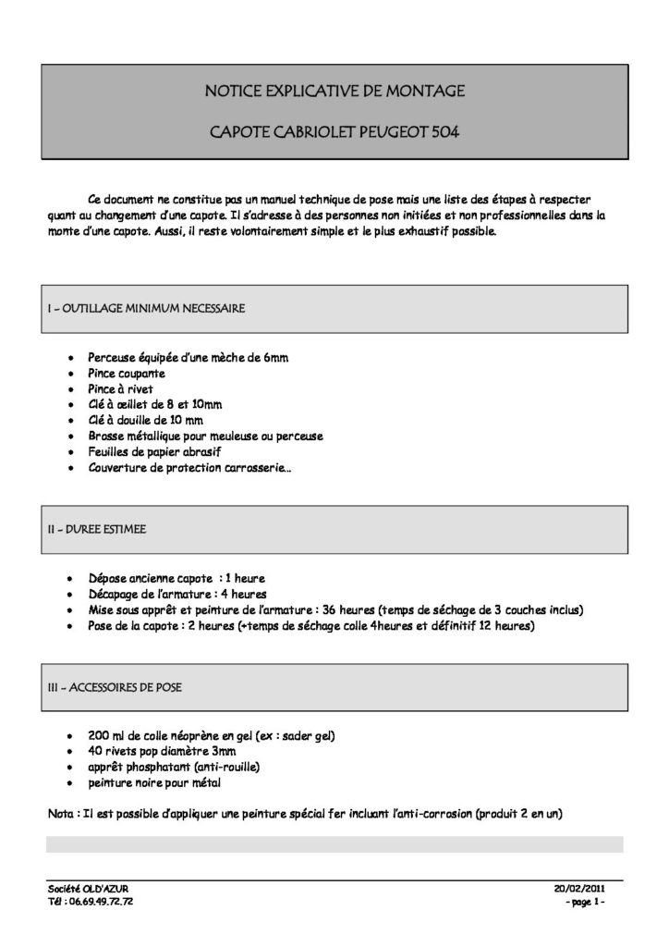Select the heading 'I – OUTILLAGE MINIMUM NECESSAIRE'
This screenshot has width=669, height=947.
point(146,309)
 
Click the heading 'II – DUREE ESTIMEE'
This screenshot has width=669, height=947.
point(97,530)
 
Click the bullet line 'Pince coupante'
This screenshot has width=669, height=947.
point(127,374)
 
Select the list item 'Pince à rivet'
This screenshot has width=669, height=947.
point(121,389)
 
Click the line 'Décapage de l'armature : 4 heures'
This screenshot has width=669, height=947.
point(177,595)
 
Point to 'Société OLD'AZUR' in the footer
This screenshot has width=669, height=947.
point(89,888)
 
